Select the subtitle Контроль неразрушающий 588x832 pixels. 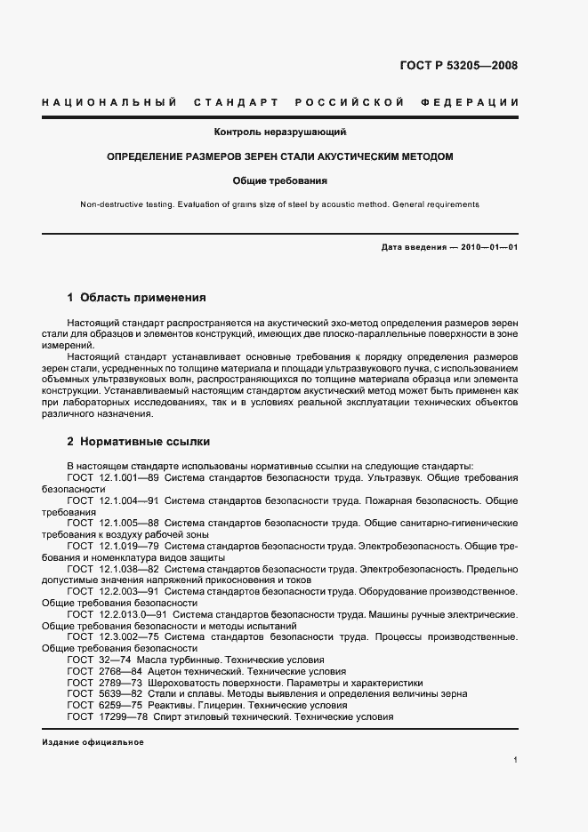coord(279,132)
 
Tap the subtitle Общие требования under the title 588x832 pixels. coord(279,180)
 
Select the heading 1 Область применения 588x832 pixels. coord(136,298)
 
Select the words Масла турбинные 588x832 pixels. coord(179,660)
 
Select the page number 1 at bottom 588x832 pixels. coord(516,761)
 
